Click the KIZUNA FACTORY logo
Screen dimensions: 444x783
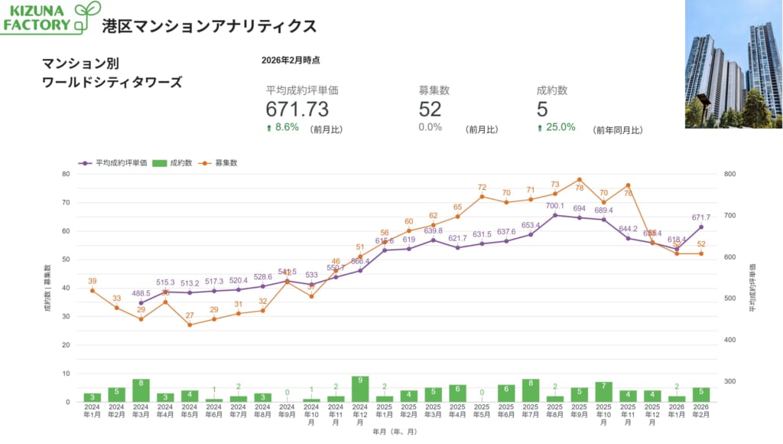coord(50,17)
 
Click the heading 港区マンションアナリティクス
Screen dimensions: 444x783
coord(209,26)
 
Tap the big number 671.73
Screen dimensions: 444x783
coord(297,109)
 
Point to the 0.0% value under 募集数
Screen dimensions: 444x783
coord(430,127)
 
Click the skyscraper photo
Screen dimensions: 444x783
coord(733,64)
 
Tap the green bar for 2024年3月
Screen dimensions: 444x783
coord(141,390)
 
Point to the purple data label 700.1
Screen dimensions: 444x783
coord(554,206)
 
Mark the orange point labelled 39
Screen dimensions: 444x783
coord(93,290)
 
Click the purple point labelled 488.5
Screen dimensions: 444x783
coord(141,303)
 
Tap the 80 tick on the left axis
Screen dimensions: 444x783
coord(66,174)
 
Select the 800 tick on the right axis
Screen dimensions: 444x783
coord(729,174)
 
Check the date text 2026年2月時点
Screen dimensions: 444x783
coord(291,60)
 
